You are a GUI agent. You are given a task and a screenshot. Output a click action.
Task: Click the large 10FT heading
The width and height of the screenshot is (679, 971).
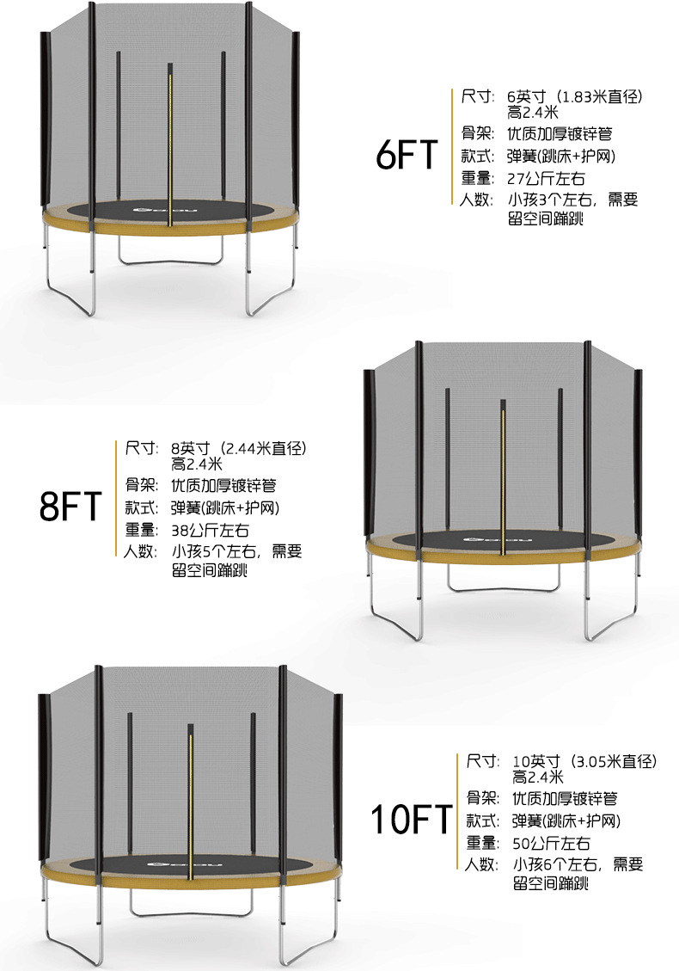[411, 820]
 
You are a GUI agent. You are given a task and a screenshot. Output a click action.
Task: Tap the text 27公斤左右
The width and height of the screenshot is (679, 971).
[546, 179]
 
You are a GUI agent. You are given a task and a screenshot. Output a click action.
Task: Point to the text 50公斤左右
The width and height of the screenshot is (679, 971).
[551, 843]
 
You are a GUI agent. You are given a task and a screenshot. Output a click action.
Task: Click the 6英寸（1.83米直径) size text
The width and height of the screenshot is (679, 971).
[575, 96]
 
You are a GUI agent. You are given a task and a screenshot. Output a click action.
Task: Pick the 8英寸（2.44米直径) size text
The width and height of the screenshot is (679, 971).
[239, 448]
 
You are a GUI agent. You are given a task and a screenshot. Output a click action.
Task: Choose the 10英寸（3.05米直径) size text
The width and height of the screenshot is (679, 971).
[584, 761]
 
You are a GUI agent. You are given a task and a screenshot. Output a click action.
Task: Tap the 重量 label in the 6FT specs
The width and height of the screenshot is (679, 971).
[477, 179]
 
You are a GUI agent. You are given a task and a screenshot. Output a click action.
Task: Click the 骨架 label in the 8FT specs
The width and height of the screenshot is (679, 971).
[141, 485]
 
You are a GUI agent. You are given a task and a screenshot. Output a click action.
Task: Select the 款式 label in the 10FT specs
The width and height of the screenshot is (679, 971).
[482, 820]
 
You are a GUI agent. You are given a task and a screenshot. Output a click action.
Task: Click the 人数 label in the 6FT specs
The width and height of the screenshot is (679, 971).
[477, 200]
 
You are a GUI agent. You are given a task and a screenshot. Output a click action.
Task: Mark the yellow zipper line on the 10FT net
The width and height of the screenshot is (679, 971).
[190, 800]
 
